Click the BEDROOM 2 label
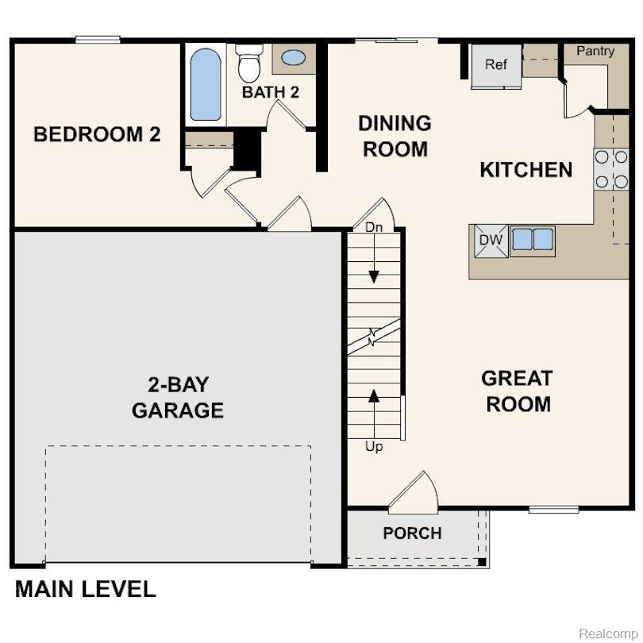point(97,134)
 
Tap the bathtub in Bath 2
point(206,85)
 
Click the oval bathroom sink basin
point(293,58)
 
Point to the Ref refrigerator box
point(496,64)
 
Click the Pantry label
point(595,51)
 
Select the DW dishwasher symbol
point(488,239)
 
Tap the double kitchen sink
point(533,238)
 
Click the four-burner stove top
point(610,169)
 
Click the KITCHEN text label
point(526,169)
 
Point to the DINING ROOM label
point(395,136)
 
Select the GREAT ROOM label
point(518,391)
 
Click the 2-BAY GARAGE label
point(178,398)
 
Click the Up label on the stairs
point(374,447)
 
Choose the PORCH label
point(412,533)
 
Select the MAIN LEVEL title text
point(85,589)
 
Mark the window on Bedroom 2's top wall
point(98,40)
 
